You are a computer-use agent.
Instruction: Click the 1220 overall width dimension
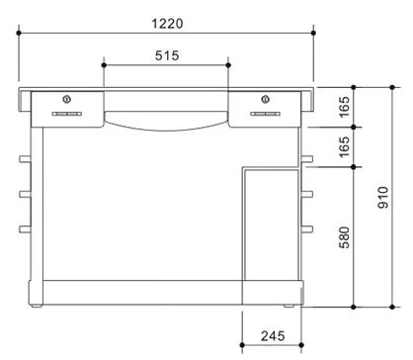(167, 24)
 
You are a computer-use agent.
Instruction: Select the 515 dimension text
(167, 55)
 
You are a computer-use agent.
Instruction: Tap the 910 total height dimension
(383, 197)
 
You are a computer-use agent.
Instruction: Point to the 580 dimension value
(344, 237)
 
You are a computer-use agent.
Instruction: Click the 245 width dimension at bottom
(273, 336)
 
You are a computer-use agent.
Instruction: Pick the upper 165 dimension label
(344, 107)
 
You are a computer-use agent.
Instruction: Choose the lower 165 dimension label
(344, 147)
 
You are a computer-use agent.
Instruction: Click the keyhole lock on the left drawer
(67, 99)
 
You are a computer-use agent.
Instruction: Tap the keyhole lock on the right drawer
(265, 99)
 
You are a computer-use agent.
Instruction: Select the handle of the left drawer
(67, 114)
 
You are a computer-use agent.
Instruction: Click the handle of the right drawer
(266, 114)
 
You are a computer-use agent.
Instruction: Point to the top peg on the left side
(25, 159)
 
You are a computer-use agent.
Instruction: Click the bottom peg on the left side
(25, 229)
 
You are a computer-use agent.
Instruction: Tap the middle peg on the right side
(307, 194)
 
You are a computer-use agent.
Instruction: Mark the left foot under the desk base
(37, 306)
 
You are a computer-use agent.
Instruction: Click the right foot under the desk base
(289, 306)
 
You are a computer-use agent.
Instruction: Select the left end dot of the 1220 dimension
(19, 33)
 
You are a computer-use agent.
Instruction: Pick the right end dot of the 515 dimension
(228, 65)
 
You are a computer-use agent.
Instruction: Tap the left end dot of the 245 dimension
(242, 345)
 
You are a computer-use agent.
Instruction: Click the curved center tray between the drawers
(166, 121)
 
